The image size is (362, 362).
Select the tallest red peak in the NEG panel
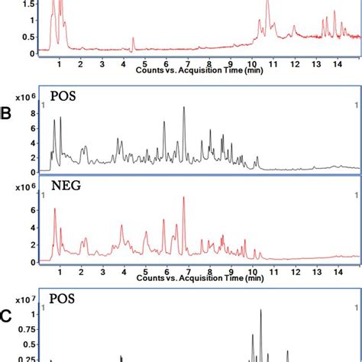pyautogui.click(x=183, y=199)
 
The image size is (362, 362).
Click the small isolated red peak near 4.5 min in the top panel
pyautogui.click(x=133, y=38)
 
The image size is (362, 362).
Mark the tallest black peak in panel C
pyautogui.click(x=261, y=311)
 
